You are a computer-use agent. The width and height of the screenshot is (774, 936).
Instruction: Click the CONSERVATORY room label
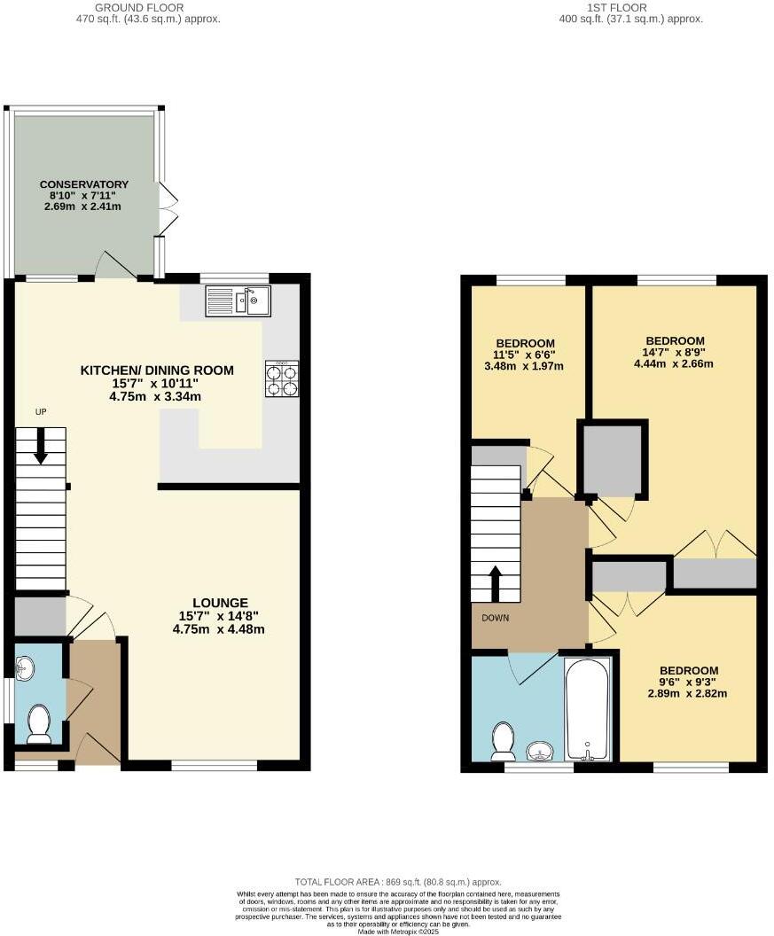84,184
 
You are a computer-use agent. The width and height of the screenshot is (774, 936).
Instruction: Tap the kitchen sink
238,300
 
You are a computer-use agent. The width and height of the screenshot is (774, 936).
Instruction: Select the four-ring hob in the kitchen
282,378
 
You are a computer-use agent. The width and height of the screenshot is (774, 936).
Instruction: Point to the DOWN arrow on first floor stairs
495,581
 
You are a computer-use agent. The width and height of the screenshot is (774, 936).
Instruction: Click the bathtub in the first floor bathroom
587,708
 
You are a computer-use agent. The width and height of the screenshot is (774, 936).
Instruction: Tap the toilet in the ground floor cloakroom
38,724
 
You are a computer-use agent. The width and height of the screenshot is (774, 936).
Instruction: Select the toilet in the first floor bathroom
504,741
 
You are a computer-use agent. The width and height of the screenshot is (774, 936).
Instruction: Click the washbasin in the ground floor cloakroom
26,667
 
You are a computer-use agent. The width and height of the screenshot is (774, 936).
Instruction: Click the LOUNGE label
218,603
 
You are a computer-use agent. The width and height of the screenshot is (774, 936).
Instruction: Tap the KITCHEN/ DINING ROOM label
157,370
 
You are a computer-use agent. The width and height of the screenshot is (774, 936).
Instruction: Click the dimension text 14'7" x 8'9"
675,352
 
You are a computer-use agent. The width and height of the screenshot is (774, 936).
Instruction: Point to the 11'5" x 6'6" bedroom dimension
525,355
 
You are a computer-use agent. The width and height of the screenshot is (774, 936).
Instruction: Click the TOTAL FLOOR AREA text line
398,882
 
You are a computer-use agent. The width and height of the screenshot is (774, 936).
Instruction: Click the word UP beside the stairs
41,412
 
